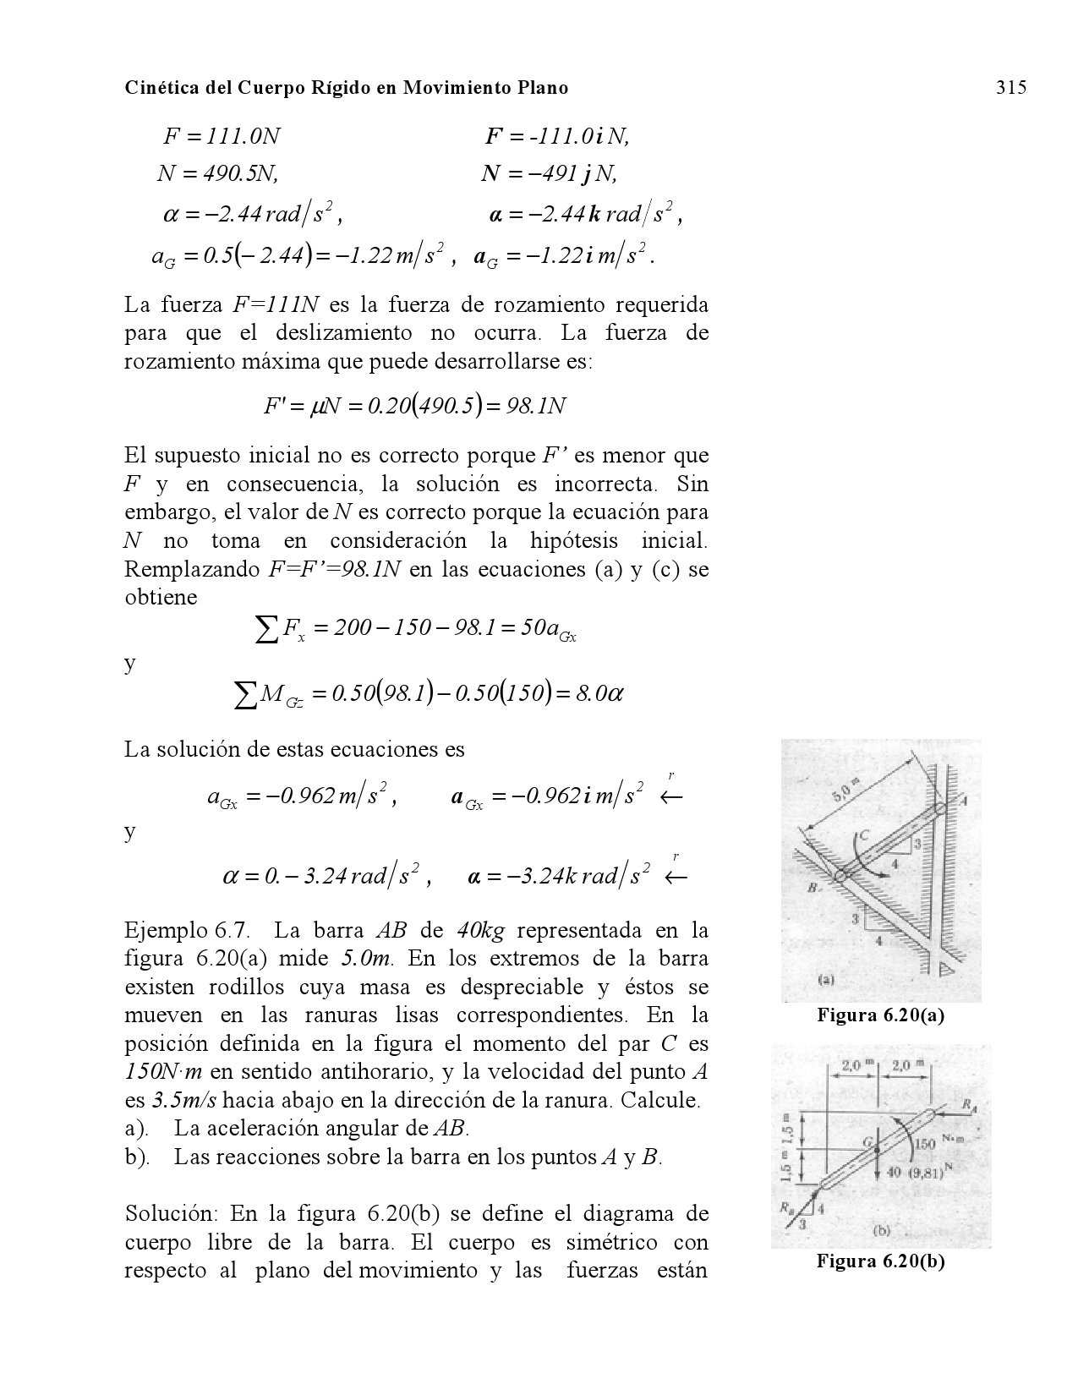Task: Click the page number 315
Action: (x=1010, y=87)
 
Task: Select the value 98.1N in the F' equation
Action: (x=534, y=407)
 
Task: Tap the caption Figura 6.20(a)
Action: (x=880, y=1016)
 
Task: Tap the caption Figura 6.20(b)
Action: (x=880, y=1261)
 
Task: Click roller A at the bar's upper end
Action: (x=941, y=809)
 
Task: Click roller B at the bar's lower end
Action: (x=840, y=876)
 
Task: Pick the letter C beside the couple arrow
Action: (x=863, y=837)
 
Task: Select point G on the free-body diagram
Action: (x=876, y=1148)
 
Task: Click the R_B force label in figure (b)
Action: (x=785, y=1211)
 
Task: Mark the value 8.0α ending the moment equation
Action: (x=601, y=694)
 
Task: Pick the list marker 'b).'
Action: (x=138, y=1157)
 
